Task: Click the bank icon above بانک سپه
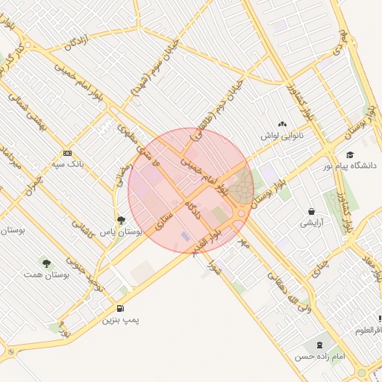pyautogui.click(x=68, y=153)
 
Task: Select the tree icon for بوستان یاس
pyautogui.click(x=122, y=220)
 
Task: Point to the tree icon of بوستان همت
pyautogui.click(x=47, y=263)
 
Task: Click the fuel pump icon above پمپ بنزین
pyautogui.click(x=120, y=309)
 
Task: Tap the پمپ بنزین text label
pyautogui.click(x=121, y=320)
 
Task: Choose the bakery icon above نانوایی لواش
pyautogui.click(x=281, y=125)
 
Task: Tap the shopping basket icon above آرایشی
pyautogui.click(x=310, y=212)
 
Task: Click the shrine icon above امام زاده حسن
pyautogui.click(x=320, y=345)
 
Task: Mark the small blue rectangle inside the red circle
pyautogui.click(x=185, y=236)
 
